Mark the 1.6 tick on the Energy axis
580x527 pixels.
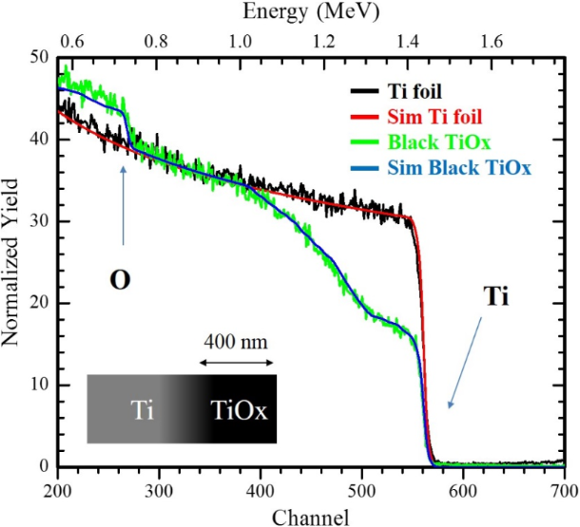point(491,41)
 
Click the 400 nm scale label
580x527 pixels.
point(238,340)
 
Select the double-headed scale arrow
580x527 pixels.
point(238,362)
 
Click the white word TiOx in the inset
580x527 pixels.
point(238,411)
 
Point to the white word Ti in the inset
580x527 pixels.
point(144,411)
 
